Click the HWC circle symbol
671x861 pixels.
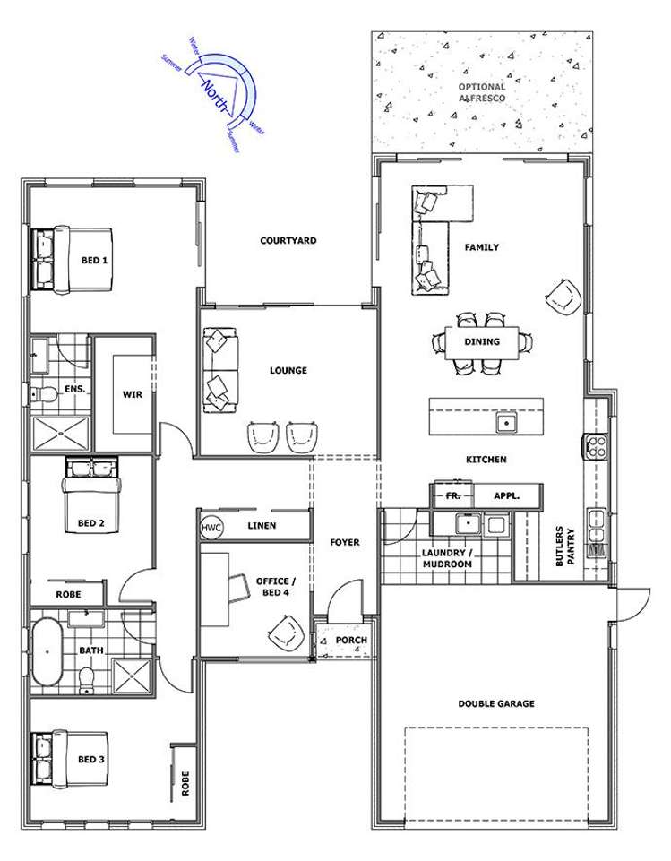coord(211,527)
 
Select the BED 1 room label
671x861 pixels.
coord(94,261)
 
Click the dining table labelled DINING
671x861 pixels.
coord(482,341)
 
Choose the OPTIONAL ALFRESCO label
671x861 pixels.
coord(482,92)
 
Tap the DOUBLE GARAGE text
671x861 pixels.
coord(495,704)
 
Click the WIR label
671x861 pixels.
coord(132,394)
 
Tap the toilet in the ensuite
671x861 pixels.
coord(46,393)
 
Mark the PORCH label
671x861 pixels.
coord(350,641)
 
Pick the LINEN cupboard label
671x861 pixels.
coord(262,526)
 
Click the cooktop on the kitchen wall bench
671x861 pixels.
coord(596,445)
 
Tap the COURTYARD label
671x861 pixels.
coord(288,241)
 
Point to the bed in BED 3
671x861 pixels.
coord(70,759)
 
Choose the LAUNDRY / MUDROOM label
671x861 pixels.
coord(446,559)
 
